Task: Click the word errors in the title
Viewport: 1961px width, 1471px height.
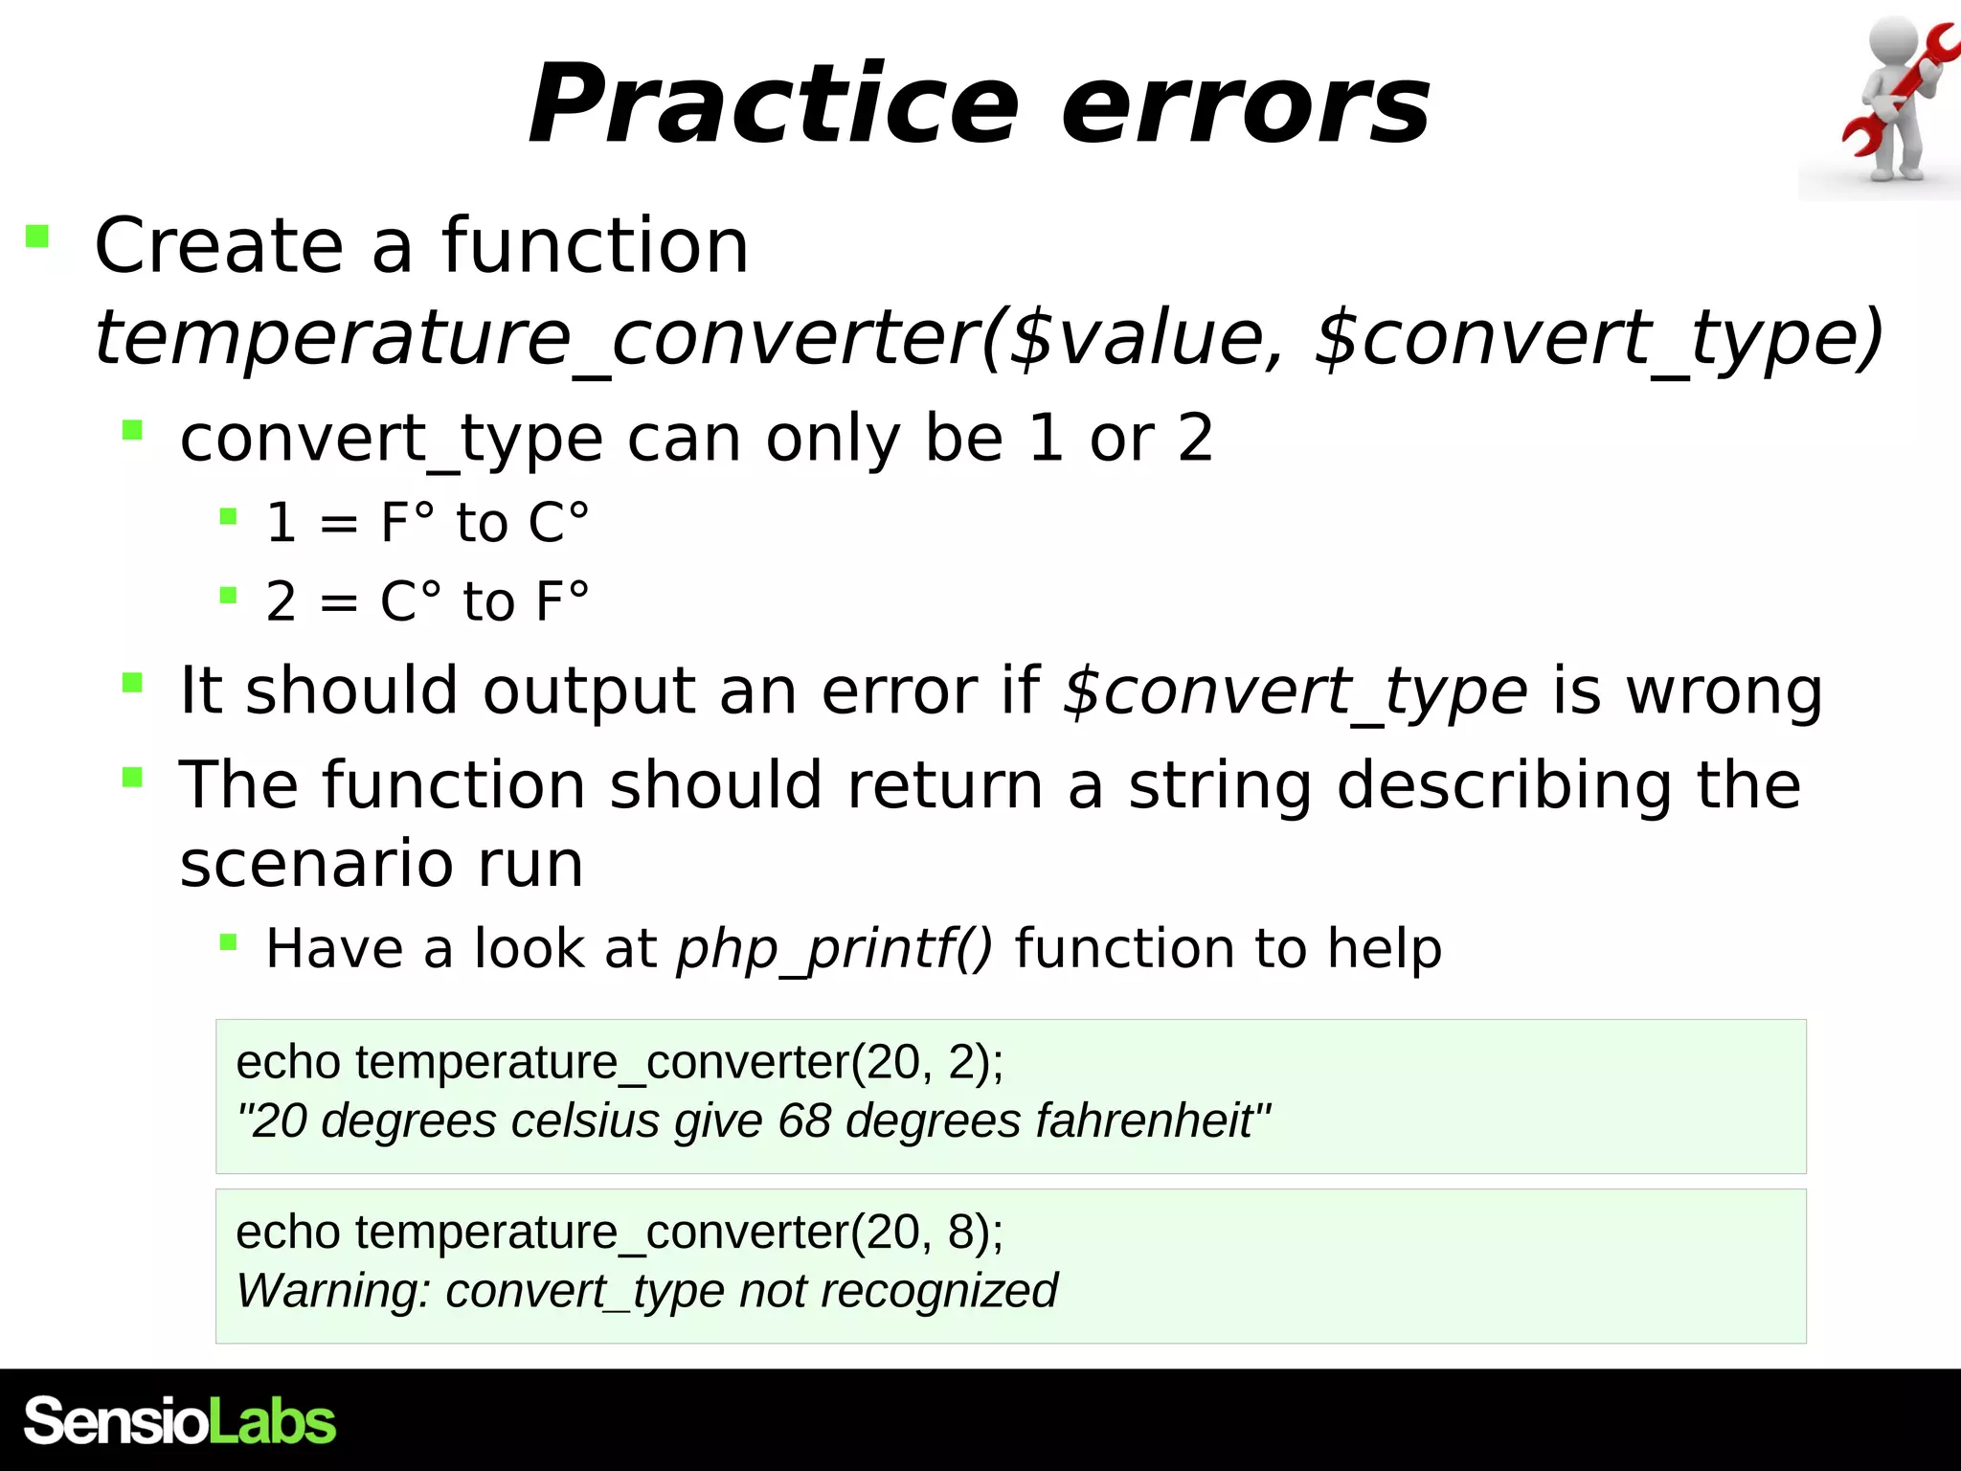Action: coord(1246,105)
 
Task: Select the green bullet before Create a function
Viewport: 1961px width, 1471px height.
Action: coord(37,236)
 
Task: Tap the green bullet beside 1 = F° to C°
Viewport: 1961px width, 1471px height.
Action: coord(228,518)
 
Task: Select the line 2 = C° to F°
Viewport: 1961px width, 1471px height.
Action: coord(427,601)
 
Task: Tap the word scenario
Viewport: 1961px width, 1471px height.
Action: coord(316,864)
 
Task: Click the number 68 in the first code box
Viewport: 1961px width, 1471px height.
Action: coord(803,1120)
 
